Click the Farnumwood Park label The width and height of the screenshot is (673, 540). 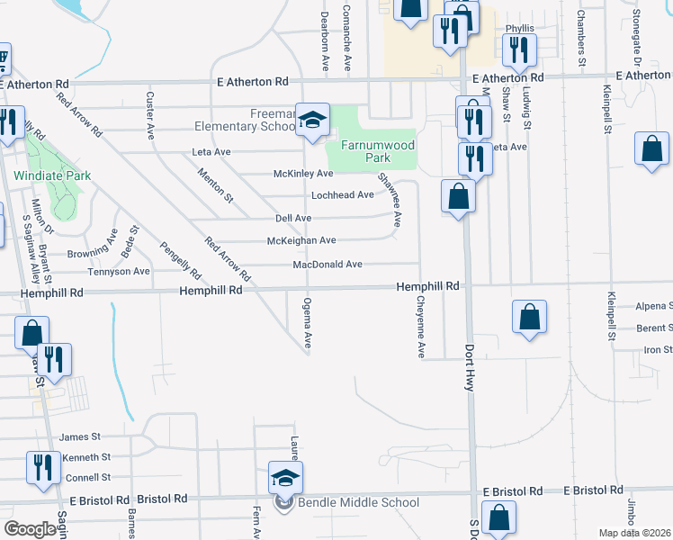click(377, 150)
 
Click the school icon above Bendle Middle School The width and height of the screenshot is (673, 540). click(286, 478)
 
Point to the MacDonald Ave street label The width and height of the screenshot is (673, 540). click(328, 265)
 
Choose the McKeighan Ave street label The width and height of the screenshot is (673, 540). click(301, 240)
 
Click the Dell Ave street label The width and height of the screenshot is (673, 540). click(292, 218)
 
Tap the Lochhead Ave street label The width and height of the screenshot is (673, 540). click(342, 195)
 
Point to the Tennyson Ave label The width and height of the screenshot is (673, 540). click(118, 271)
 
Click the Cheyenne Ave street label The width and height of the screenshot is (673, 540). click(420, 329)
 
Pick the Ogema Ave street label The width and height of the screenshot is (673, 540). click(308, 323)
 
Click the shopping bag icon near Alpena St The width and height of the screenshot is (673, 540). click(530, 317)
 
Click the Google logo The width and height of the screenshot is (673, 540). click(29, 528)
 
